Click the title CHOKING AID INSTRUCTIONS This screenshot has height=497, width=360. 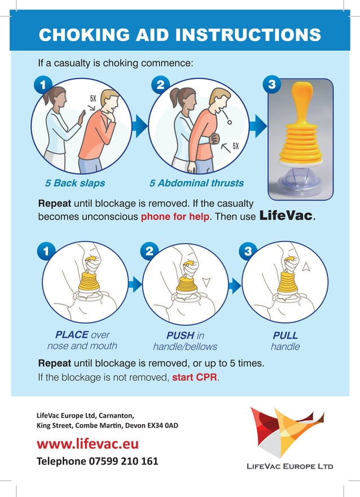(x=179, y=35)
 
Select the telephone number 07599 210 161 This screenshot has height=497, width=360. (x=123, y=461)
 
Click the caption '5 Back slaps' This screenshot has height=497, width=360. (x=75, y=183)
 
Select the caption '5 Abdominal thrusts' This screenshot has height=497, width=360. (x=196, y=183)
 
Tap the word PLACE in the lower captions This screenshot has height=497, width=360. (x=72, y=335)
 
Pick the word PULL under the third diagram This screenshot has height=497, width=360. (x=285, y=335)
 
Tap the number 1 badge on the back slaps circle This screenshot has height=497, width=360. (x=41, y=85)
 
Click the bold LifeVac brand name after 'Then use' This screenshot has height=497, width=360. (x=286, y=216)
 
